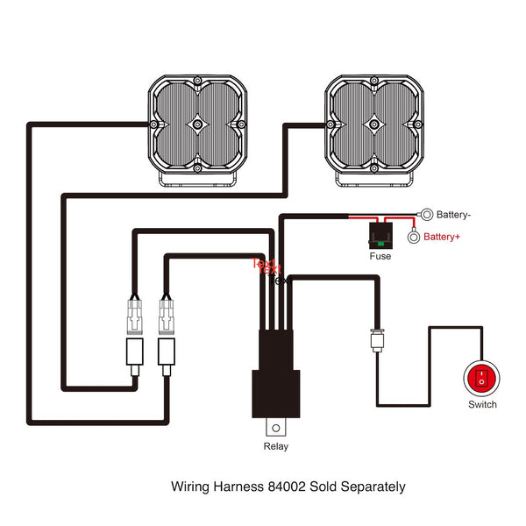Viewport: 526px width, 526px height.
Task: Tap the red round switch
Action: pos(481,378)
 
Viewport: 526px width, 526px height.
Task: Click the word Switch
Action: pos(482,404)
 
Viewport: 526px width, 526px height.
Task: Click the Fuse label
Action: pos(380,257)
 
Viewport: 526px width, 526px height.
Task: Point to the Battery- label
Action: pos(454,214)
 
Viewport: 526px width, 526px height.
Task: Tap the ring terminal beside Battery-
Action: pos(426,213)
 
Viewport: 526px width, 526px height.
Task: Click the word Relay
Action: pos(276,446)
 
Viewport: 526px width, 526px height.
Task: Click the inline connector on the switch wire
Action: pos(377,339)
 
